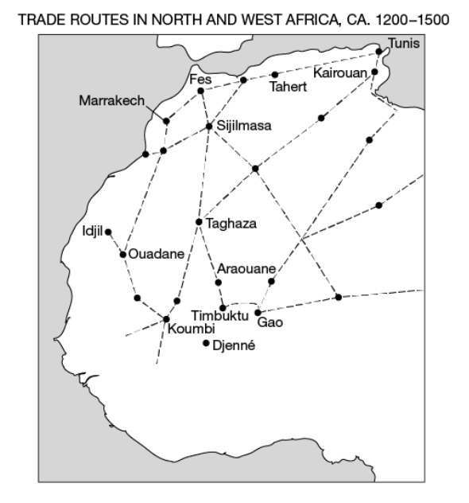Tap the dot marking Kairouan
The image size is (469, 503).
pyautogui.click(x=374, y=72)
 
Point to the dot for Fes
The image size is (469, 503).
pyautogui.click(x=201, y=91)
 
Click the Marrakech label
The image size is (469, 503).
pyautogui.click(x=112, y=101)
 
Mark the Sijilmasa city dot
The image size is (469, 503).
pyautogui.click(x=209, y=126)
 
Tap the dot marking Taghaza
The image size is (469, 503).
pyautogui.click(x=199, y=221)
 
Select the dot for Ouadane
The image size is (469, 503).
pyautogui.click(x=122, y=255)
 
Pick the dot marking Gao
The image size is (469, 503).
pyautogui.click(x=257, y=312)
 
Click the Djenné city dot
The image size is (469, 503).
pyautogui.click(x=206, y=343)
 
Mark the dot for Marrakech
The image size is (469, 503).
pyautogui.click(x=166, y=121)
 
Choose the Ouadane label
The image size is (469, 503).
pyautogui.click(x=156, y=255)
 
